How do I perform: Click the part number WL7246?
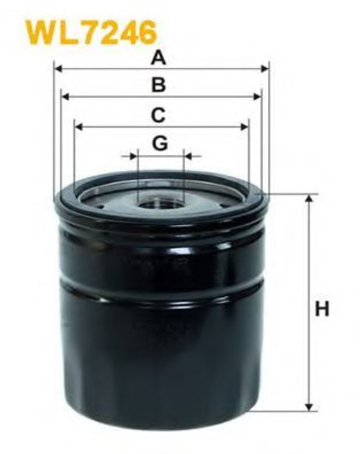click(x=91, y=33)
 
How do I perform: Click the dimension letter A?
click(x=158, y=58)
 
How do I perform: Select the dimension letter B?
click(x=159, y=85)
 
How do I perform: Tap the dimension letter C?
click(x=158, y=115)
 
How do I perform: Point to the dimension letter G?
click(x=160, y=143)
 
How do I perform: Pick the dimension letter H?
click(x=322, y=308)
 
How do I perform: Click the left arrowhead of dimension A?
click(x=59, y=69)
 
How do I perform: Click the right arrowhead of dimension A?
click(x=264, y=69)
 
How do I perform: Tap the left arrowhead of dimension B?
click(x=66, y=97)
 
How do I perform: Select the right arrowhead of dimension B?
click(x=257, y=97)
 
